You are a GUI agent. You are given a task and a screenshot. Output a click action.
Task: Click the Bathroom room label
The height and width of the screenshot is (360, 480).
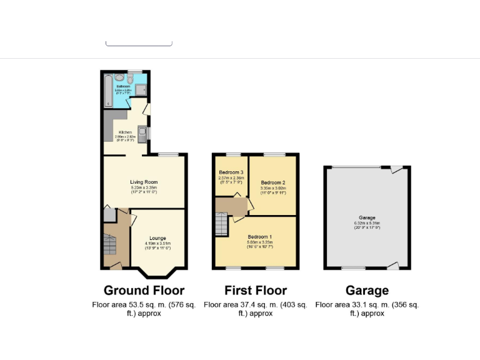(x=131, y=86)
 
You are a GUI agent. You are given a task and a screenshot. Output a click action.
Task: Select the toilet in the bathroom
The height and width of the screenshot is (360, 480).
(x=129, y=79)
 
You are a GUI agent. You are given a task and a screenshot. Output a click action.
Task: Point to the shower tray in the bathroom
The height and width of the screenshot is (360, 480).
(x=141, y=90)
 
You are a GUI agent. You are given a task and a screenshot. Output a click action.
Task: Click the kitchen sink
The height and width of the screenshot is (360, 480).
(x=142, y=133)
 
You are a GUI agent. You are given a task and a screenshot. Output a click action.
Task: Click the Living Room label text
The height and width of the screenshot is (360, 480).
(x=143, y=182)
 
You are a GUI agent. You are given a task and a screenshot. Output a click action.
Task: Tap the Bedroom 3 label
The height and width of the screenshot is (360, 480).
(x=231, y=172)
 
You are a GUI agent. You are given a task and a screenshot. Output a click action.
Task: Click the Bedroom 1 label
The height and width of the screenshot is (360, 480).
(x=259, y=237)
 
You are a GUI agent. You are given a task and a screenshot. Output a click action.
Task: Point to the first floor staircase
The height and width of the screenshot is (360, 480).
(x=222, y=224)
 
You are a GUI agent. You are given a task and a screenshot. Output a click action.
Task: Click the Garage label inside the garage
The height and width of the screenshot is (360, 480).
(x=367, y=217)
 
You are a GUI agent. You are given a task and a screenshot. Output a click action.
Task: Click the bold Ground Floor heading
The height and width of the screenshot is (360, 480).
(x=144, y=290)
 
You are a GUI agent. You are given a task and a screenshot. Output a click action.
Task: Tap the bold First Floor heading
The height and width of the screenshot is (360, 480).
(x=256, y=290)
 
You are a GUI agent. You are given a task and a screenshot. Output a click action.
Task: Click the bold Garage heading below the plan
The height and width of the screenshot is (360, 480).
(x=367, y=290)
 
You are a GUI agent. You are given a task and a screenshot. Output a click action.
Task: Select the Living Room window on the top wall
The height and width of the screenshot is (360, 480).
(x=167, y=154)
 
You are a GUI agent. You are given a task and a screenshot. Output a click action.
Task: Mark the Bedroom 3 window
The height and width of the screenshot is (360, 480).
(x=233, y=154)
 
